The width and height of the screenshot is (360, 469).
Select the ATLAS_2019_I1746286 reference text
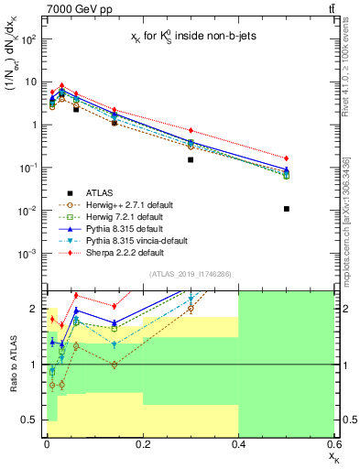(x=190, y=274)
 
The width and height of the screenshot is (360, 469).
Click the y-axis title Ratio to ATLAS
(x=12, y=365)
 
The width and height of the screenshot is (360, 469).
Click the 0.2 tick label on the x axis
(x=142, y=453)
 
